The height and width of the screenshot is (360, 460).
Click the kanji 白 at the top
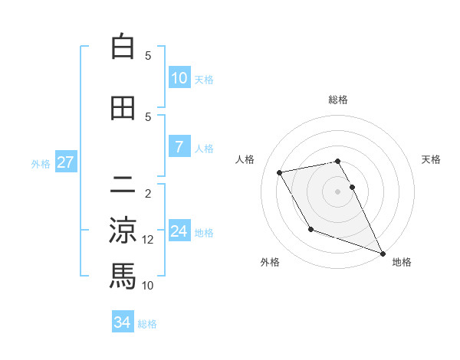pos(123,47)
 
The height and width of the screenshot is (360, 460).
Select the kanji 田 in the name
pos(123,108)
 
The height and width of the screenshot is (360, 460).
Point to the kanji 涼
pos(123,230)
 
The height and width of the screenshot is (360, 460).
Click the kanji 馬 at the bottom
pos(123,275)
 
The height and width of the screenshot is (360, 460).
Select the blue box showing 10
pos(179,78)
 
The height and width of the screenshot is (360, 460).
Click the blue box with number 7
pos(179,147)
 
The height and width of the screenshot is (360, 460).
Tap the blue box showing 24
pos(179,231)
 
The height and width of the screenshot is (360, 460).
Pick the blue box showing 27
pos(66,162)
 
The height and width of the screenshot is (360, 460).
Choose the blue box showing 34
pos(123,322)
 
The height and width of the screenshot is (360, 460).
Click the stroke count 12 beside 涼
pos(148,240)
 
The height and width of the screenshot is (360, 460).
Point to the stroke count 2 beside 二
pos(148,194)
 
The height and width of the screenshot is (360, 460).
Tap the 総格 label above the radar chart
pos(337,100)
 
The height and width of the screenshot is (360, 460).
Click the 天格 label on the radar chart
pos(431,159)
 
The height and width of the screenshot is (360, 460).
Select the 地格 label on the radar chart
pos(402,262)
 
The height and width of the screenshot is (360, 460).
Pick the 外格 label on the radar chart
pos(270,262)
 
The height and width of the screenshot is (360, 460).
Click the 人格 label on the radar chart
pos(245,159)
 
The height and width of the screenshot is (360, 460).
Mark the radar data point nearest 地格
pos(383,254)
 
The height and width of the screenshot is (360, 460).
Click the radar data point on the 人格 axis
pos(280,173)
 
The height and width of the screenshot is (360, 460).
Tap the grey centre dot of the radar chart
pos(337,191)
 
